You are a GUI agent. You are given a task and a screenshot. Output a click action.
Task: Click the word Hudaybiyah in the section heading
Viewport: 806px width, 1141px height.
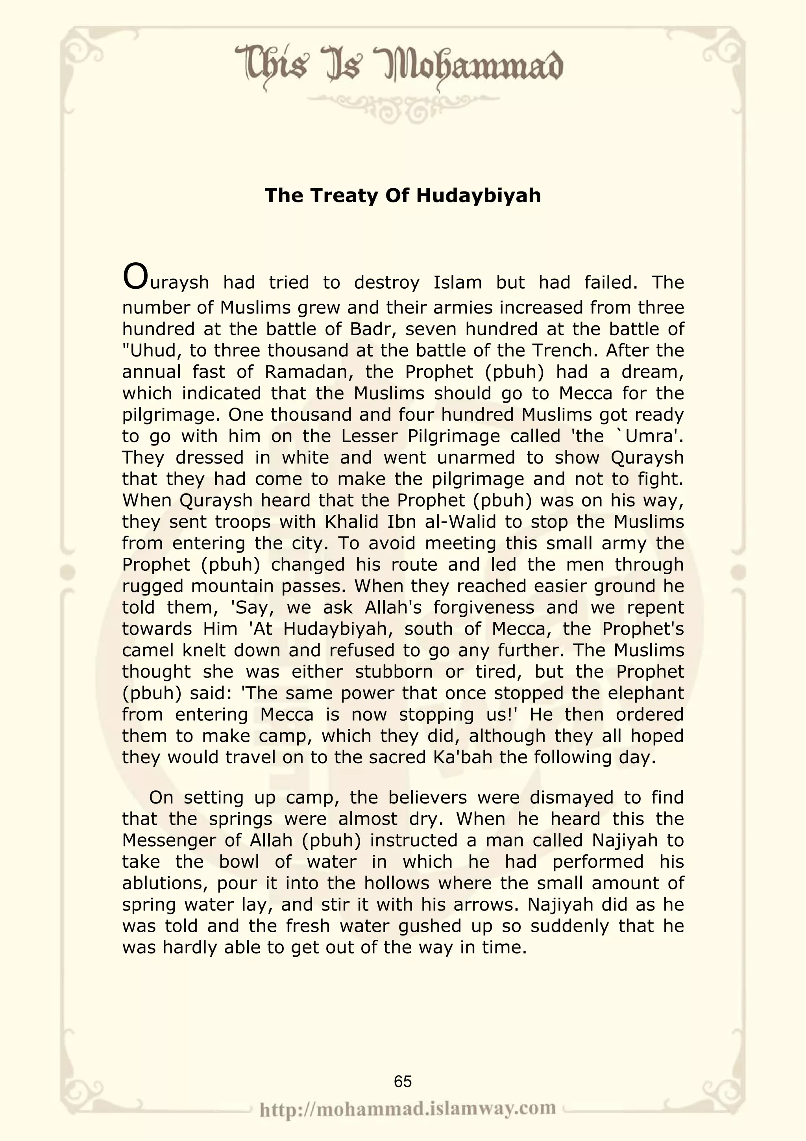[x=478, y=195]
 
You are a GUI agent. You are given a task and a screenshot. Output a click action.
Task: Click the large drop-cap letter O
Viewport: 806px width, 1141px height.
[x=135, y=277]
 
